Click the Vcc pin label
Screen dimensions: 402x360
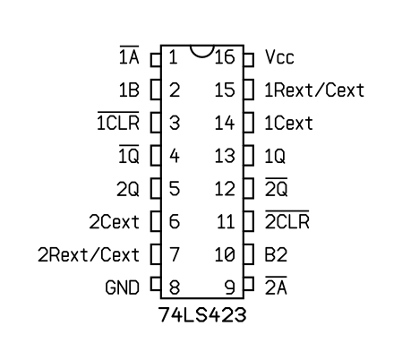click(279, 57)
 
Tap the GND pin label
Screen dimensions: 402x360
click(123, 287)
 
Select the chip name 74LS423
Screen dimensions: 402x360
click(202, 314)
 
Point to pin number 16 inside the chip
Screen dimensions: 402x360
click(225, 57)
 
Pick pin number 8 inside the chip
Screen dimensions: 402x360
click(175, 287)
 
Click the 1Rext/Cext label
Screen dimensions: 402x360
click(314, 90)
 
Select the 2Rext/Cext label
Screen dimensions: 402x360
click(89, 254)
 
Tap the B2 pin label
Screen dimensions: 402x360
click(276, 254)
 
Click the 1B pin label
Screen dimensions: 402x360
click(129, 90)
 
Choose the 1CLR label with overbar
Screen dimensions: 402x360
click(118, 121)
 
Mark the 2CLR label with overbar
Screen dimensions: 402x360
click(287, 219)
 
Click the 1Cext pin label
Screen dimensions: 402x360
click(288, 123)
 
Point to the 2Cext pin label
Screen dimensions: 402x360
click(115, 222)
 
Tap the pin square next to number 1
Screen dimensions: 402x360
click(156, 60)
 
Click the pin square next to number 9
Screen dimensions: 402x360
click(249, 284)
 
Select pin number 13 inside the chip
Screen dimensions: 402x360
click(225, 156)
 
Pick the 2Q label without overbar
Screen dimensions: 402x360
click(128, 189)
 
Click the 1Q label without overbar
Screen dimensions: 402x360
click(275, 156)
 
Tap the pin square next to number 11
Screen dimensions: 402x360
click(249, 221)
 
